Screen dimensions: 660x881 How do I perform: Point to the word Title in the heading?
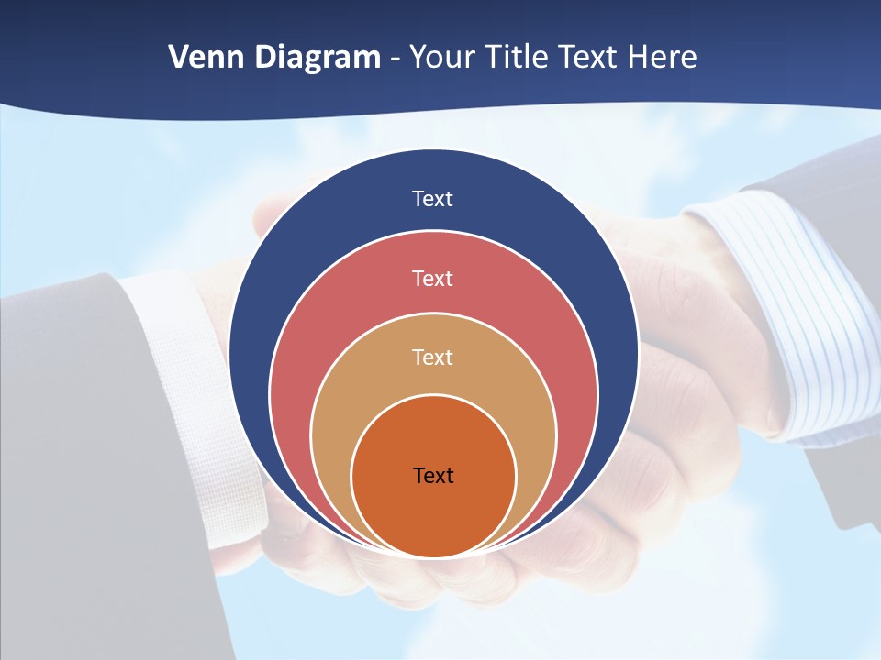(x=524, y=58)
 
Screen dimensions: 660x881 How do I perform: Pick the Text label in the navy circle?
(x=433, y=199)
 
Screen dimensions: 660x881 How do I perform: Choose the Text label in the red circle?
(x=433, y=278)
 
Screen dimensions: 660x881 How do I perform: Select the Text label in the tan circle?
(x=433, y=357)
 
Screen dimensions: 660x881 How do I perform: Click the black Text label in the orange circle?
(x=433, y=476)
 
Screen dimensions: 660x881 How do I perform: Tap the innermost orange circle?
(x=433, y=513)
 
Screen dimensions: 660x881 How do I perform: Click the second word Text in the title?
(x=588, y=58)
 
